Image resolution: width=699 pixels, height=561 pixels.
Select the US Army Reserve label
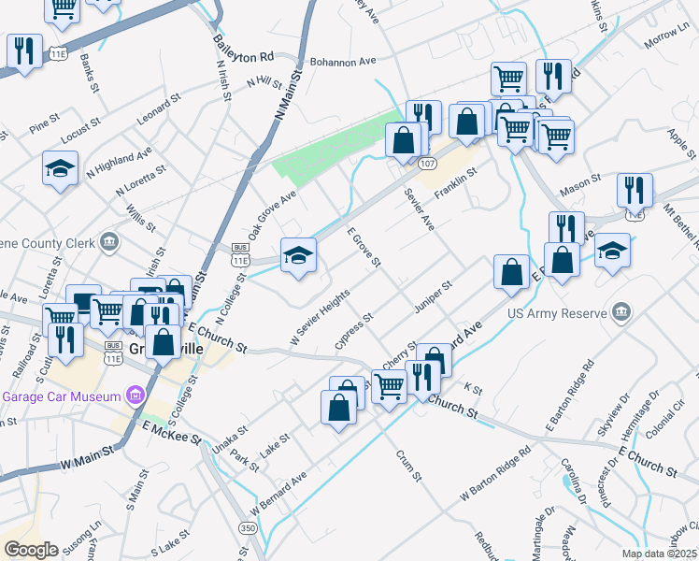click(x=555, y=314)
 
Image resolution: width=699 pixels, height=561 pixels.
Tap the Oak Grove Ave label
click(x=271, y=214)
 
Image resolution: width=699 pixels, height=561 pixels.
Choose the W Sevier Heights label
click(x=320, y=314)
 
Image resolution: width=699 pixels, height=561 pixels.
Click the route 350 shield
click(x=248, y=528)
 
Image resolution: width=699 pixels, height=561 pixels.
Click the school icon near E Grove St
click(x=298, y=255)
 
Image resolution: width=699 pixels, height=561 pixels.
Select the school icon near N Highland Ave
click(x=61, y=169)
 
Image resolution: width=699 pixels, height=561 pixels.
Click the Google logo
click(x=31, y=549)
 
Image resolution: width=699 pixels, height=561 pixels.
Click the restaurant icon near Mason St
click(x=635, y=190)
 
